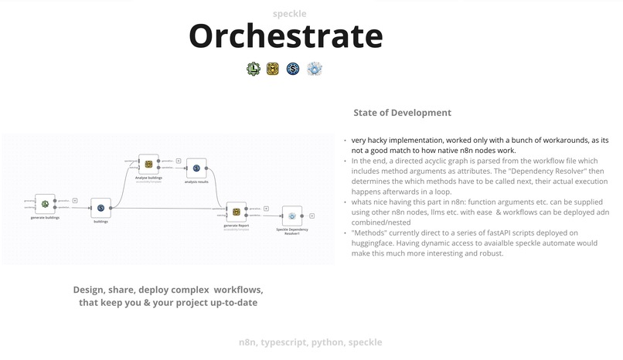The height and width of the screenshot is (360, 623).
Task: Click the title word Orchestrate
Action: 286,36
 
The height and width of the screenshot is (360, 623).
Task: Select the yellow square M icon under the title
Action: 272,69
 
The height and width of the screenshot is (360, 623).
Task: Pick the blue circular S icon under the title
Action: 293,69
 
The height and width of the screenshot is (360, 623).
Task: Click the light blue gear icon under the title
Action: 314,69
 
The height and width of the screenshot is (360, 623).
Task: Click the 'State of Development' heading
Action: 402,113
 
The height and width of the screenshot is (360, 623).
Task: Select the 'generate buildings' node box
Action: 46,204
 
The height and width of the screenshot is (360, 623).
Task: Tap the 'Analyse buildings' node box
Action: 148,164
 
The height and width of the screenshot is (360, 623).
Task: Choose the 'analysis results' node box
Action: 196,168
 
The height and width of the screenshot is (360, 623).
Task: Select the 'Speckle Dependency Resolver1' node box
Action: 291,216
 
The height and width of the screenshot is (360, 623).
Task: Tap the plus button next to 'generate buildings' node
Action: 74,200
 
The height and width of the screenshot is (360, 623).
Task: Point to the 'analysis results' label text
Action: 196,182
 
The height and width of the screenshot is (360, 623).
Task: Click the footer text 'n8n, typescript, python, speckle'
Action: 310,341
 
